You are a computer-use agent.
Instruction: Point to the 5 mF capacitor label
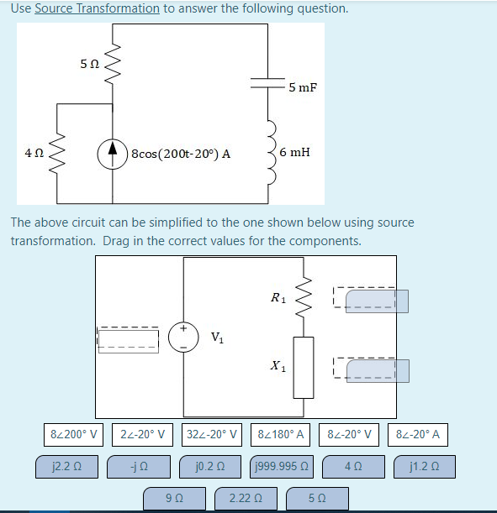pos(302,87)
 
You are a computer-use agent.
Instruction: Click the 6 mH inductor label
pos(294,152)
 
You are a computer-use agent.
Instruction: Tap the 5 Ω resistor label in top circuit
pos(89,64)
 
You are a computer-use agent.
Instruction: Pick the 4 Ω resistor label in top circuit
pos(34,154)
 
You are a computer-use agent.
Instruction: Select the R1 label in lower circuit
pos(278,297)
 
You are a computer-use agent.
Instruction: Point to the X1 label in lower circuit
pos(278,366)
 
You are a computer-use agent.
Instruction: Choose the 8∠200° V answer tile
pos(74,435)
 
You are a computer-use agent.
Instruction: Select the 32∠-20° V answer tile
pos(214,435)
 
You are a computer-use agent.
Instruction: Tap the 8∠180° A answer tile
pos(283,435)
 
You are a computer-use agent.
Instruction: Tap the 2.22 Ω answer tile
pos(245,498)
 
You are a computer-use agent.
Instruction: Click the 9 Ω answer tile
pos(175,498)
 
